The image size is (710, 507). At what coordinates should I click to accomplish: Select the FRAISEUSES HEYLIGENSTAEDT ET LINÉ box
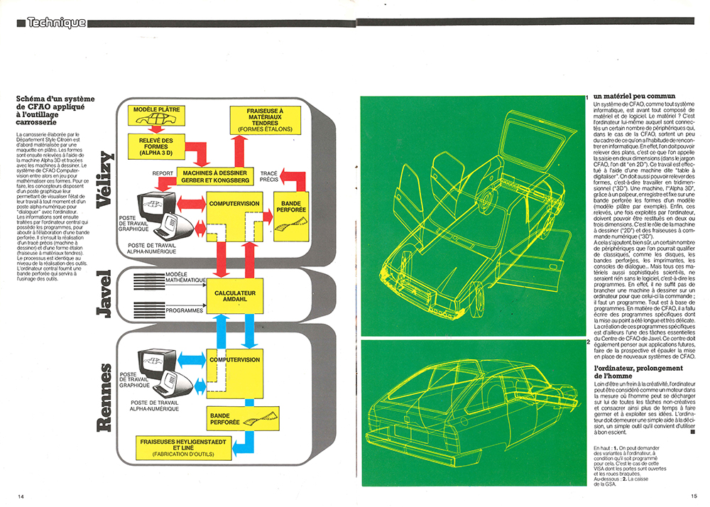187,448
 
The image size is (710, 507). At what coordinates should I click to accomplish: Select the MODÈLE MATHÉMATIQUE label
183,278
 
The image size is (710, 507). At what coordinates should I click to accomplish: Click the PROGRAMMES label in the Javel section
183,310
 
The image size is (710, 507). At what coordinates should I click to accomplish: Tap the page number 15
692,495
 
